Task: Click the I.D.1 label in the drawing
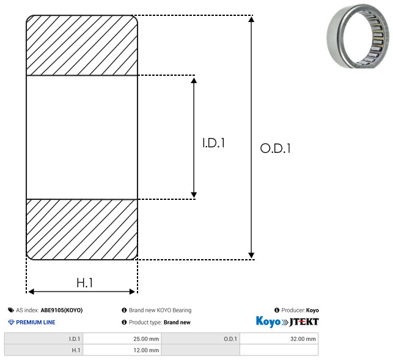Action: coord(213,143)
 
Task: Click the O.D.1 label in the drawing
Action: coord(275,148)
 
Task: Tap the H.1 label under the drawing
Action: coord(85,283)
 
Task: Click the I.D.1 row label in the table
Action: coord(75,339)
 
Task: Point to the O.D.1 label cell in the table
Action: coord(230,339)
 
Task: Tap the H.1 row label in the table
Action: coord(76,350)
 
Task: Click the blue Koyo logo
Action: coord(268,321)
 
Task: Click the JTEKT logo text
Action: coord(304,322)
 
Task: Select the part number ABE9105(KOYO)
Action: coord(62,310)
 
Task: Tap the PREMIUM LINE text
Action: coord(35,322)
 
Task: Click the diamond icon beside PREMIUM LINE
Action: coord(11,322)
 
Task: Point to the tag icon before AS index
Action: coord(11,310)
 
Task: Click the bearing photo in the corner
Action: coord(358,36)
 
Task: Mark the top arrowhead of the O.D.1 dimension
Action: coord(251,19)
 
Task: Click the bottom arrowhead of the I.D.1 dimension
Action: coord(194,195)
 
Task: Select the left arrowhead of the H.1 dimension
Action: coord(31,292)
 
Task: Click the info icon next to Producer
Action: coord(277,310)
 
